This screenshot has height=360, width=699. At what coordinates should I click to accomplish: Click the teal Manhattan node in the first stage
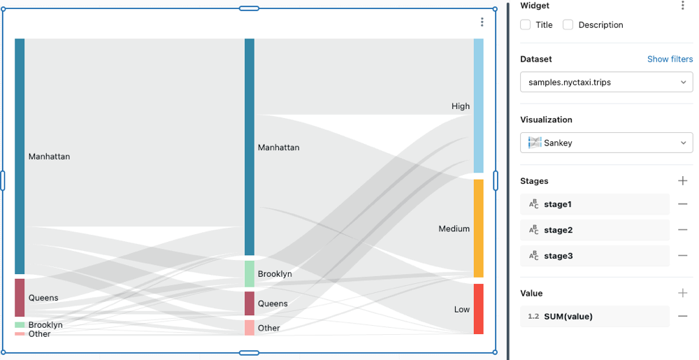20,156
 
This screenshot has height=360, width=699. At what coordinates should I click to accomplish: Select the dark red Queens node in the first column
20,298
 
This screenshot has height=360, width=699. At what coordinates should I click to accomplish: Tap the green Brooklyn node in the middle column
250,273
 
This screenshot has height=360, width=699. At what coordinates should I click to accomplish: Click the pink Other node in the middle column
250,328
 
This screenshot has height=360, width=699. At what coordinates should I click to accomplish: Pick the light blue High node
478,106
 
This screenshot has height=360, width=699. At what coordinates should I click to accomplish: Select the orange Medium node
478,229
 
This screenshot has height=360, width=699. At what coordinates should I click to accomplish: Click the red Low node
478,309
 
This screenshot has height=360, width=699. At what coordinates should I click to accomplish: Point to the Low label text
461,309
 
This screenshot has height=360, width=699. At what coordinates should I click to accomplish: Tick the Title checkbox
526,25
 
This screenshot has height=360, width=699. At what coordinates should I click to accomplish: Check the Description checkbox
568,25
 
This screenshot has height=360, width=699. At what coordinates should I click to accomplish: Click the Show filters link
670,59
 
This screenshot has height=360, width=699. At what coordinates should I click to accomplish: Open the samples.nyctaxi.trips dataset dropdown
606,82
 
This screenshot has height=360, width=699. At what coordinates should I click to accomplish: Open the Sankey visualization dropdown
606,143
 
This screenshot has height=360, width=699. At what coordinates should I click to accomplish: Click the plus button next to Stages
683,181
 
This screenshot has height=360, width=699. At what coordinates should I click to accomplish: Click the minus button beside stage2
683,230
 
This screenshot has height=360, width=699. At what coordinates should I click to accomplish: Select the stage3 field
594,256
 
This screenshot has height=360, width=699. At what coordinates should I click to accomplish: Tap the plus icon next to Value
683,294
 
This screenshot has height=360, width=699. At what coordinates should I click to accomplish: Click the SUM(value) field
594,317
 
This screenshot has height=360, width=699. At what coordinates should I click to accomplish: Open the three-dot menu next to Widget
683,6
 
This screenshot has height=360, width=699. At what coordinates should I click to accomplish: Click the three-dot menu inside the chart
482,22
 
